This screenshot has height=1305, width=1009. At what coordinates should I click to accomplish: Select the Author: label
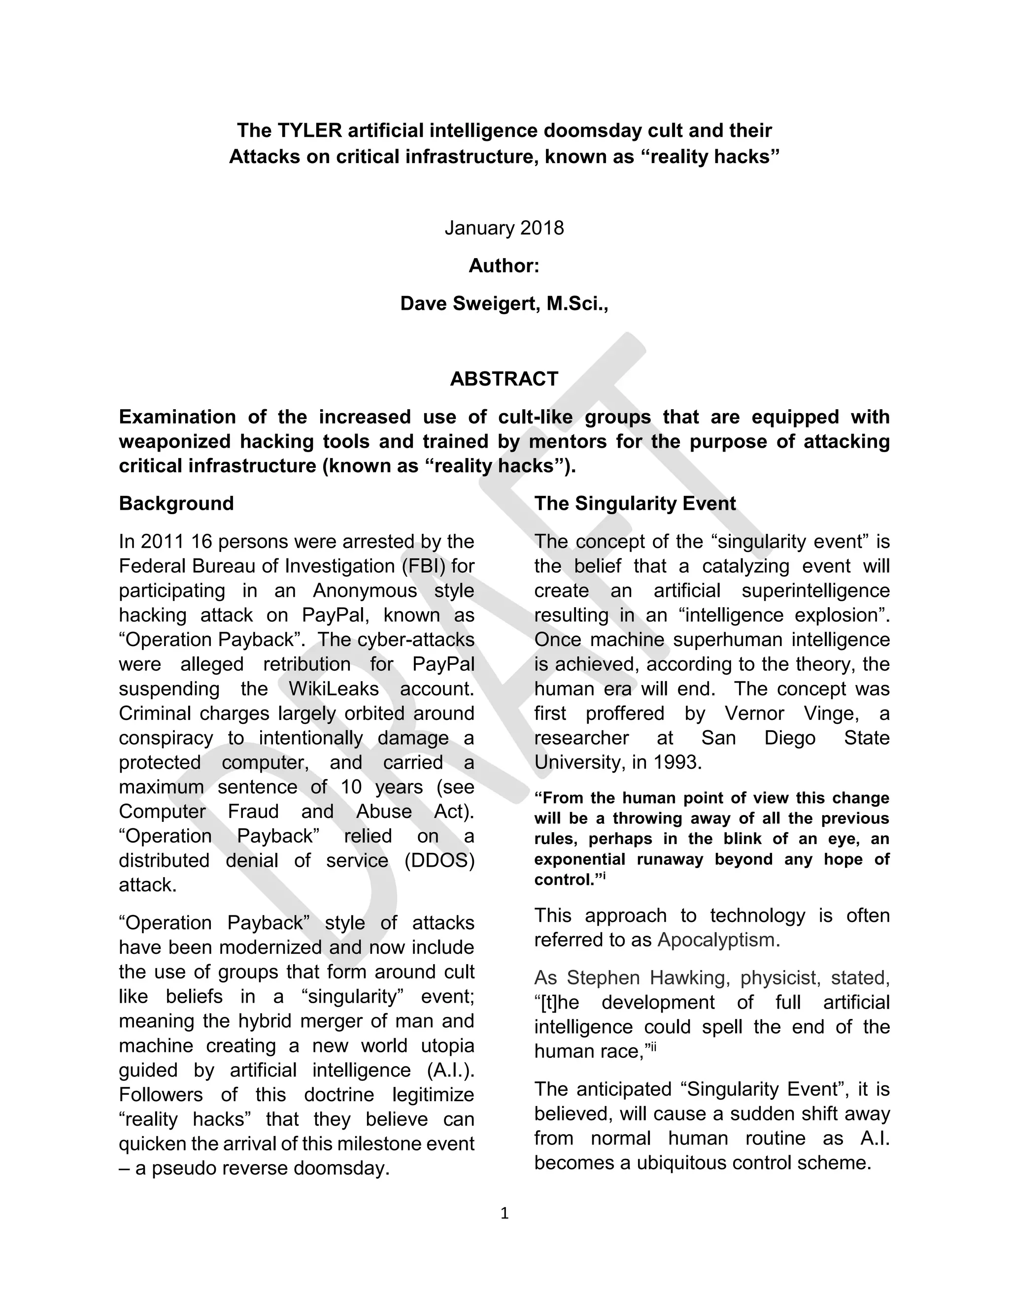[504, 266]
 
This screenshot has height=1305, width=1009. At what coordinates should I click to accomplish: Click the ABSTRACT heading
[504, 379]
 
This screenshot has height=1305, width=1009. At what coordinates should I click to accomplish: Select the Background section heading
[176, 503]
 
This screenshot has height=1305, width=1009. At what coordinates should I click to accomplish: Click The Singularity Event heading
[635, 503]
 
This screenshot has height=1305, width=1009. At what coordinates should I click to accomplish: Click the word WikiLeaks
[334, 688]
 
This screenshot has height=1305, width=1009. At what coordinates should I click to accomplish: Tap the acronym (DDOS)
[439, 860]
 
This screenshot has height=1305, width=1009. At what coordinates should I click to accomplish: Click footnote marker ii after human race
[653, 1046]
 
